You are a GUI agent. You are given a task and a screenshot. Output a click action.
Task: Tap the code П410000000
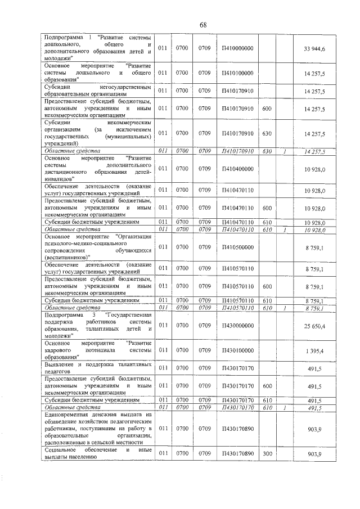(x=238, y=49)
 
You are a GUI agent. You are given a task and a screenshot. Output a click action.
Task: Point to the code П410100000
(x=238, y=73)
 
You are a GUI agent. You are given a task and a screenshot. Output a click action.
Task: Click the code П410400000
(x=238, y=169)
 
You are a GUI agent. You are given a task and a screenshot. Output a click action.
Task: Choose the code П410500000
(x=238, y=246)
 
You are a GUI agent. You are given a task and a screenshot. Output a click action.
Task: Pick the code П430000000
(x=238, y=325)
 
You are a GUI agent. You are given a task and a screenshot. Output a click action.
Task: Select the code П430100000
(x=238, y=350)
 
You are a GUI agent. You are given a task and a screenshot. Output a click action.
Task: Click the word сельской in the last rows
(x=112, y=443)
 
